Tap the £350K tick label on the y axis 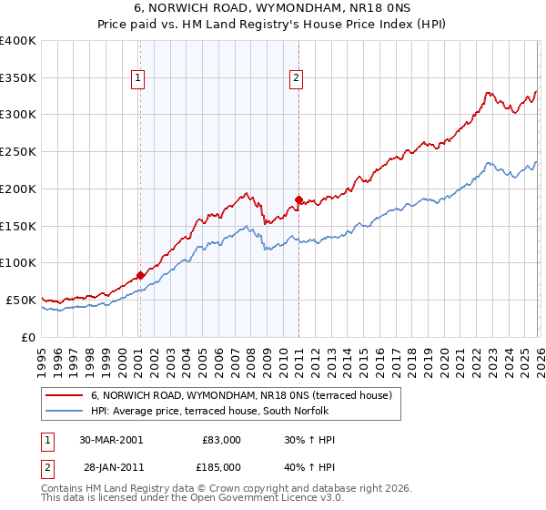point(18,77)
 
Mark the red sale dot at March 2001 point(140,275)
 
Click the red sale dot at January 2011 point(298,199)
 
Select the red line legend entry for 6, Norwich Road point(241,395)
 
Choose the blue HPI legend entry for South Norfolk point(227,411)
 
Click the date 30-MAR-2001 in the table point(110,440)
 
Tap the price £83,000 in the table point(221,440)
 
